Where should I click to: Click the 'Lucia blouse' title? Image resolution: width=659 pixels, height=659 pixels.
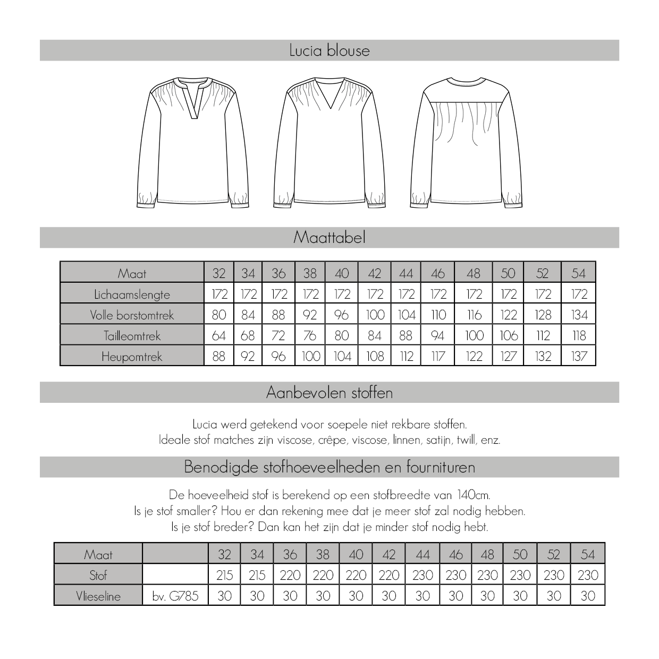329,50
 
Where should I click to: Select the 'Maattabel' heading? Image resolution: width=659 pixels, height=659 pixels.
329,238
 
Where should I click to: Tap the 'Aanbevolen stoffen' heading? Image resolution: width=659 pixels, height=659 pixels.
329,393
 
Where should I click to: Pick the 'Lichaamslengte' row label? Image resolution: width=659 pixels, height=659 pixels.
132,294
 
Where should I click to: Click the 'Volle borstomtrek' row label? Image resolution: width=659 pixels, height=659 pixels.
132,315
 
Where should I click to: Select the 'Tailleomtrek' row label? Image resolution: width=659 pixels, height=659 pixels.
132,336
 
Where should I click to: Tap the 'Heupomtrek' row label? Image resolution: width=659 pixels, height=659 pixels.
132,357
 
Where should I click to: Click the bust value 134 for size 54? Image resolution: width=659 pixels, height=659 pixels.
579,315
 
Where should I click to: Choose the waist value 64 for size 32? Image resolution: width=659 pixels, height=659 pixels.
218,336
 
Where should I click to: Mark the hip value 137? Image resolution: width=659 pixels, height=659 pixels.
579,357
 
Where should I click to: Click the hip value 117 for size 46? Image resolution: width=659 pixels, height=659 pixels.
438,357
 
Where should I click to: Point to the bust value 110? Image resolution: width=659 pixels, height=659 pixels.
438,315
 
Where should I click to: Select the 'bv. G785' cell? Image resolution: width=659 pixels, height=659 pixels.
175,596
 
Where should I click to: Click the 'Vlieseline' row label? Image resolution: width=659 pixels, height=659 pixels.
98,596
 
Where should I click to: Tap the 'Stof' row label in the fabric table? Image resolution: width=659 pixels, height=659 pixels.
98,575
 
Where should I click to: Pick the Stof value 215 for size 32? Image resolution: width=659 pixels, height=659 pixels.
224,575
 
